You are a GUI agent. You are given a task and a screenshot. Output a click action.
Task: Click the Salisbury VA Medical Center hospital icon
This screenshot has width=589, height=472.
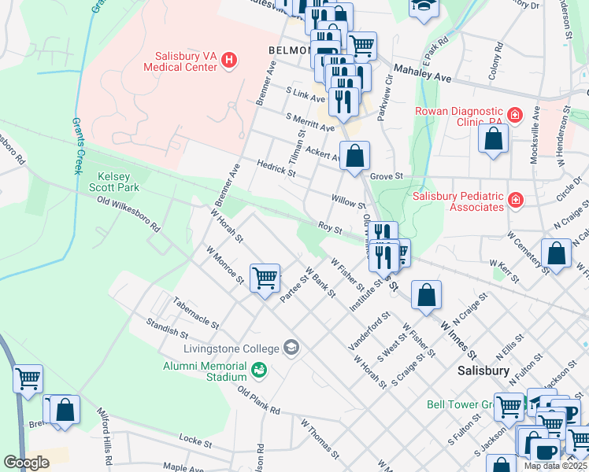click(x=229, y=60)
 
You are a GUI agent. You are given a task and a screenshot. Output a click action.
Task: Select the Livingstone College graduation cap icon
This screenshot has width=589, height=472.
click(x=291, y=348)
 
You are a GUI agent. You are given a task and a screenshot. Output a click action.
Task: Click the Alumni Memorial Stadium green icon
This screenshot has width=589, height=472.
click(x=259, y=369)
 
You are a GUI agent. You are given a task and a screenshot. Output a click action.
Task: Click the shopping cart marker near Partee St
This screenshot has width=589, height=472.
click(x=265, y=277)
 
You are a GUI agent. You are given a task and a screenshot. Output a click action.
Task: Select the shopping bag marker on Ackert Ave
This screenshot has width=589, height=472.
click(x=355, y=155)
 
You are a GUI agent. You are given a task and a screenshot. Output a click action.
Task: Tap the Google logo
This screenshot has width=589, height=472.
click(x=27, y=463)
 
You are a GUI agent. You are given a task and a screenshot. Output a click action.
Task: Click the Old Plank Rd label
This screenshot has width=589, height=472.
click(x=258, y=400)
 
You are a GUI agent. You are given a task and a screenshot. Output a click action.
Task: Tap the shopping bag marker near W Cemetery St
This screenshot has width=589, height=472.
click(x=557, y=253)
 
